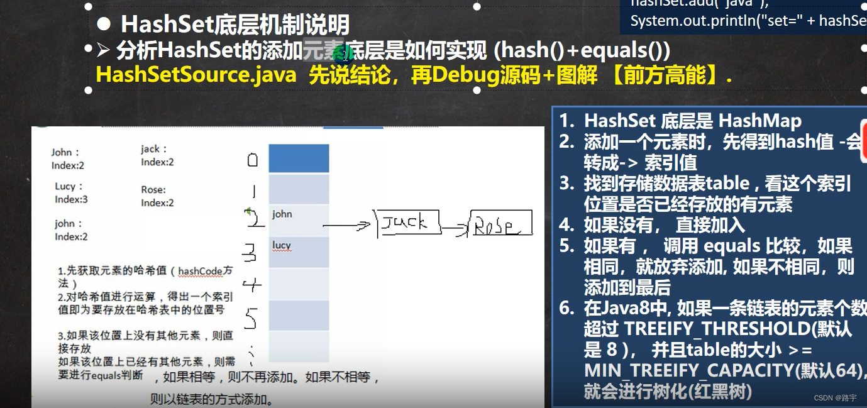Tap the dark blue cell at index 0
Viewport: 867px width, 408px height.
[299, 158]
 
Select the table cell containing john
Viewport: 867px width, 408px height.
[299, 220]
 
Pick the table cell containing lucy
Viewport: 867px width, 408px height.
[299, 251]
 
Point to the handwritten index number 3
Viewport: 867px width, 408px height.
[250, 253]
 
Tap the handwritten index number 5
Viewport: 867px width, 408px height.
[250, 319]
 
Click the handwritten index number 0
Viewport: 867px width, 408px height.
[252, 160]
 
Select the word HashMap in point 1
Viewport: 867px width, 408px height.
[759, 121]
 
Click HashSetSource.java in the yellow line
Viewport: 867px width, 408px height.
[196, 75]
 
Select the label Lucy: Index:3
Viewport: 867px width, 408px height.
[71, 193]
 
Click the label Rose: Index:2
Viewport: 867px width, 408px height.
[157, 196]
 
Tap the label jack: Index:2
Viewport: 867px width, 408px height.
[157, 155]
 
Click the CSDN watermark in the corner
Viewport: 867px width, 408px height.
[836, 398]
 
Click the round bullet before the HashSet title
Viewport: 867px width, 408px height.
[105, 25]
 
